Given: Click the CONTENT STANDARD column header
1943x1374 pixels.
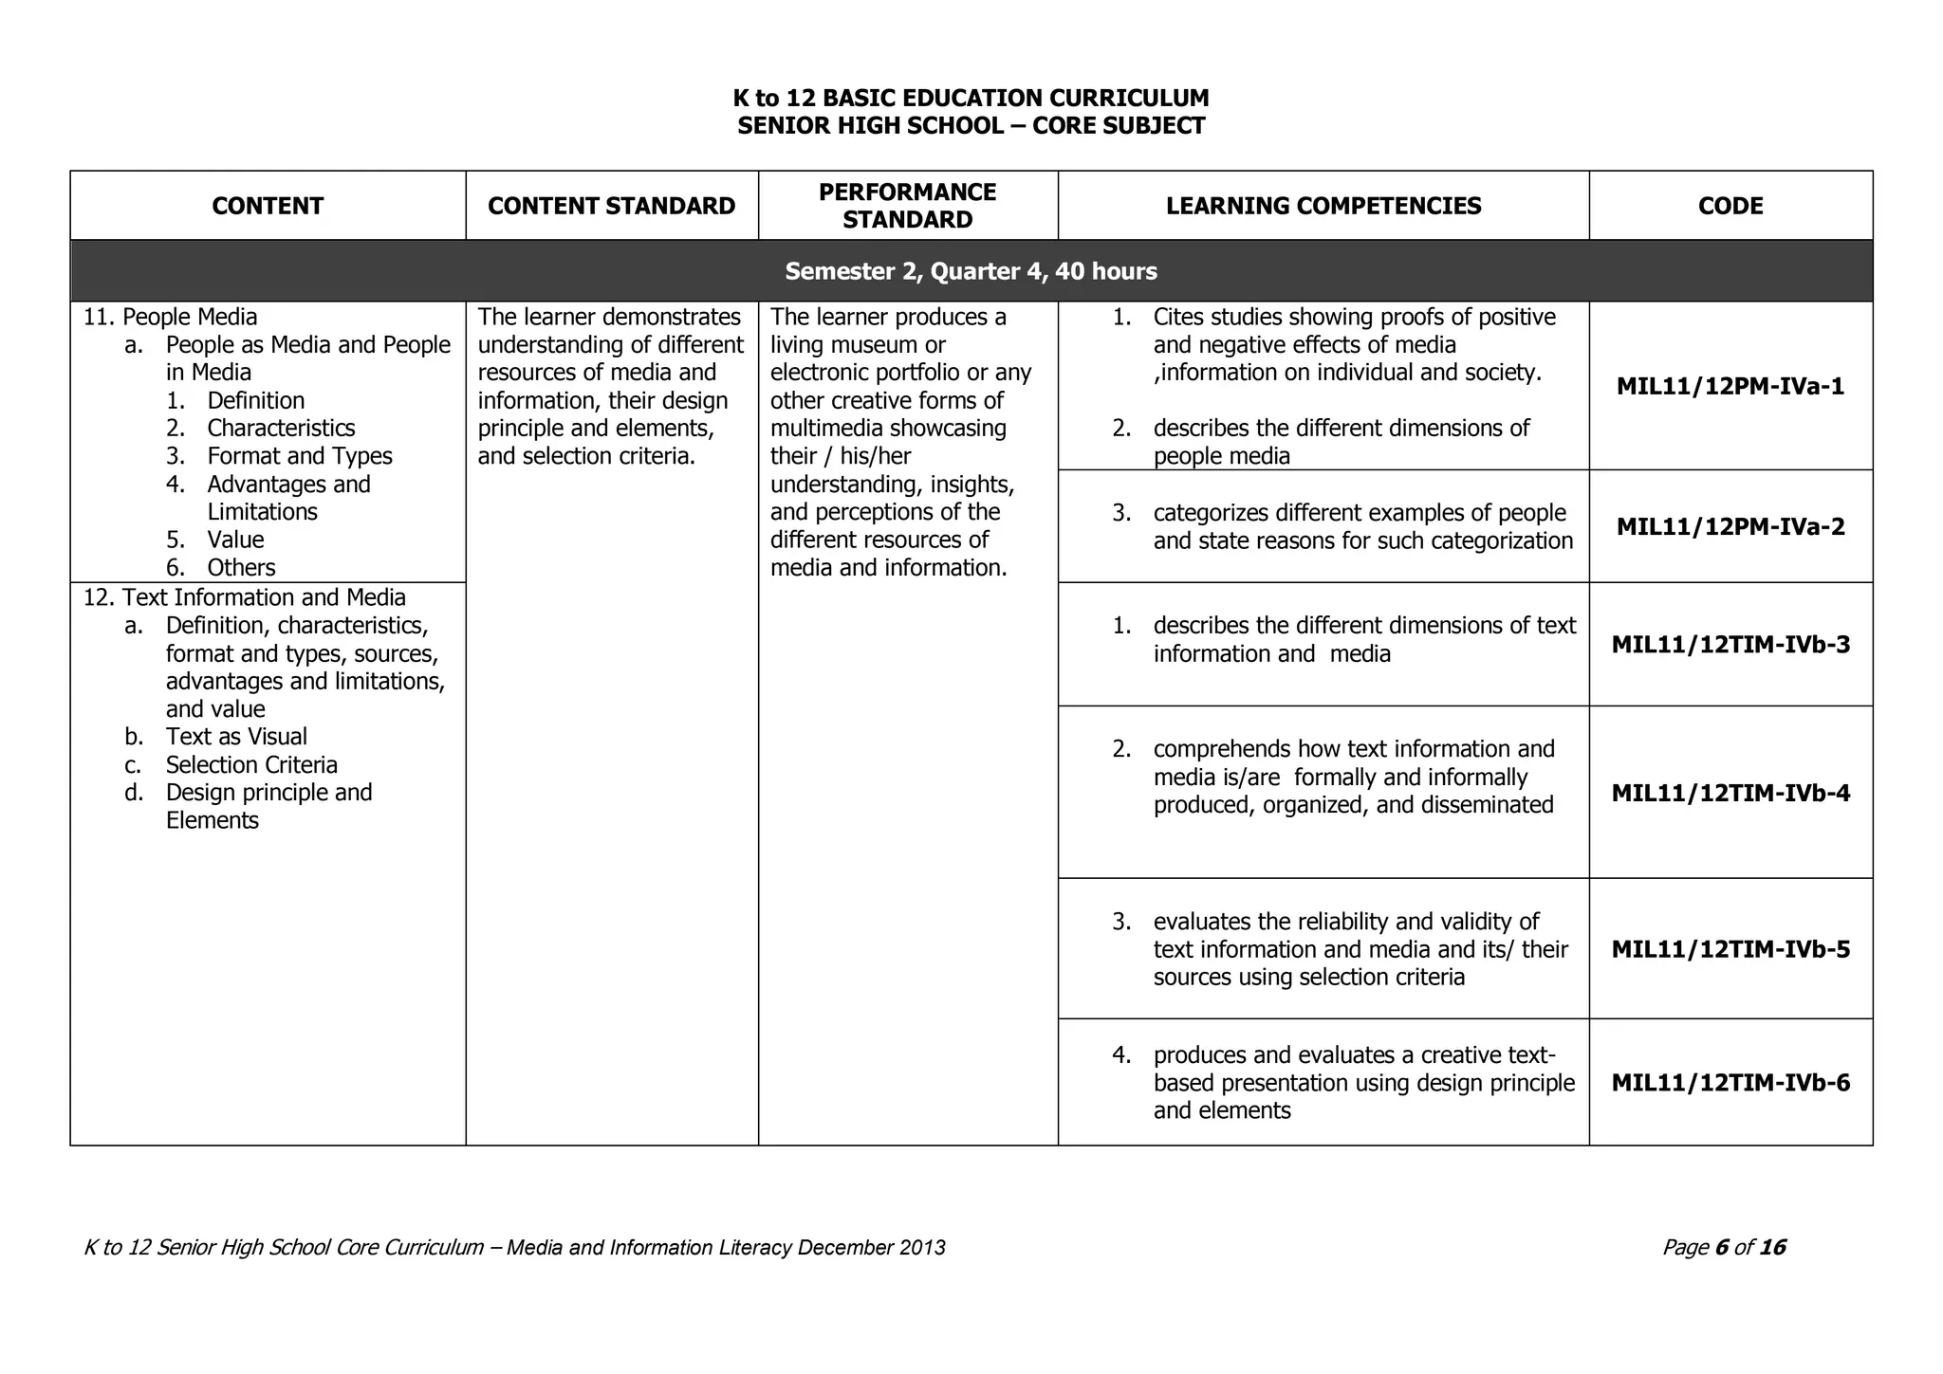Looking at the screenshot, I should [611, 206].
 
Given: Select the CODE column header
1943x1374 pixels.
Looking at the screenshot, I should [1730, 206].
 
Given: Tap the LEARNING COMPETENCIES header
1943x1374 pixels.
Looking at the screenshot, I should [1323, 206].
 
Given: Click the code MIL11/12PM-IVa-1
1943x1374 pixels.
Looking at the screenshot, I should [1730, 386].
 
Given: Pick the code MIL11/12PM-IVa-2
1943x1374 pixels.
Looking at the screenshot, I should [1730, 526].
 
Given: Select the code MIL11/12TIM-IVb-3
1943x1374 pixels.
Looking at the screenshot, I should [1730, 645].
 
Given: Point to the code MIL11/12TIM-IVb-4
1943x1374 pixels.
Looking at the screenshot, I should [1730, 793].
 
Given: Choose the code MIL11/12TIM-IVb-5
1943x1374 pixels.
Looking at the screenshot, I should [1730, 949].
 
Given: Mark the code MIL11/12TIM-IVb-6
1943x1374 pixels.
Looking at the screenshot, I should [1730, 1083].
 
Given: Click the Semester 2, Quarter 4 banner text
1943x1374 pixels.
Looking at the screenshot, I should [971, 271].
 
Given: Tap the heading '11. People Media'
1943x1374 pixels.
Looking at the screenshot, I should [171, 317].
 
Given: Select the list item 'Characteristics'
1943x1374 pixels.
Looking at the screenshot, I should [281, 429].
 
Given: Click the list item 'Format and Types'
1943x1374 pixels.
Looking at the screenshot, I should [300, 456].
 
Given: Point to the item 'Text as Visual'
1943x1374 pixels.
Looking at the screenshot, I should [236, 737].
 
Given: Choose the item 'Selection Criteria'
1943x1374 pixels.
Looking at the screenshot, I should [251, 764].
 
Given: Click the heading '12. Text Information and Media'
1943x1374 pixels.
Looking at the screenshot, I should [245, 597].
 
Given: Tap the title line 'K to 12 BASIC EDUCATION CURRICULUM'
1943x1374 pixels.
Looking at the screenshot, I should [971, 98].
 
